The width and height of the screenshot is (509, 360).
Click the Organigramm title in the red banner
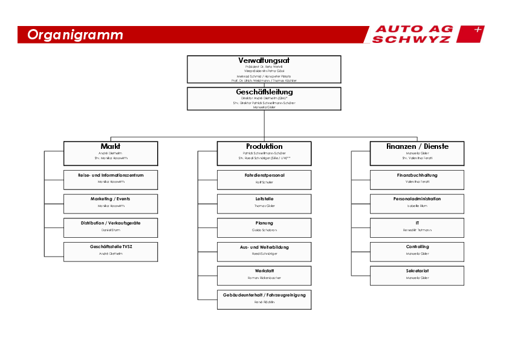(x=75, y=35)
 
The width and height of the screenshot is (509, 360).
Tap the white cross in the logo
(x=478, y=29)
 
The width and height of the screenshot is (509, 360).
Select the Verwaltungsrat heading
(x=264, y=61)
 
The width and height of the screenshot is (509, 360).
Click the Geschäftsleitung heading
(x=264, y=92)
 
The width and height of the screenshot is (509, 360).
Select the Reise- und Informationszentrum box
(x=111, y=180)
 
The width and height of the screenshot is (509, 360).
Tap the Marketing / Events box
(x=111, y=203)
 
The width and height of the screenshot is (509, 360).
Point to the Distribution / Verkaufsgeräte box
(x=111, y=227)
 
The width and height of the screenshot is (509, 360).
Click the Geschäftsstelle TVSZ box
(x=111, y=251)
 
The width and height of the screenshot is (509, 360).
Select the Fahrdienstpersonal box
(x=264, y=180)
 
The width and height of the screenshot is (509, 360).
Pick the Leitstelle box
(x=264, y=203)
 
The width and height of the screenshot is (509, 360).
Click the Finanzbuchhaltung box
(x=417, y=180)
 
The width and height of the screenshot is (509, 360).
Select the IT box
(x=417, y=227)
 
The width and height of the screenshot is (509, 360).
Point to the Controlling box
(x=417, y=251)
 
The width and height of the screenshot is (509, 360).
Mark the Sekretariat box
(x=417, y=275)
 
